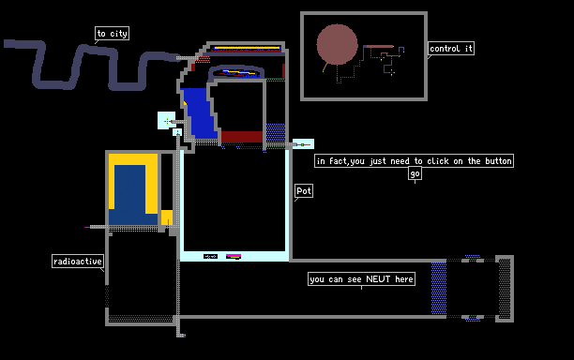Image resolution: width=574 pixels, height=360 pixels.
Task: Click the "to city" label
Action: [x=112, y=34]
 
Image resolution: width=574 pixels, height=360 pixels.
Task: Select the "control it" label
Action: [x=451, y=49]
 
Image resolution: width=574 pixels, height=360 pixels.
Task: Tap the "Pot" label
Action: [x=304, y=190]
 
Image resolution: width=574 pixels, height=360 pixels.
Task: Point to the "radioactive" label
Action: [x=78, y=262]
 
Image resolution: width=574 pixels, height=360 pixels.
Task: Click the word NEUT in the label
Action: [x=378, y=279]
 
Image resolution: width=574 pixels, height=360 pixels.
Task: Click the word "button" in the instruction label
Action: [x=498, y=161]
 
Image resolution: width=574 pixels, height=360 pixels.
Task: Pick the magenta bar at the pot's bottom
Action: [x=234, y=256]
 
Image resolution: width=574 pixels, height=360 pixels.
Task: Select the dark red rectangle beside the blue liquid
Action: [x=242, y=137]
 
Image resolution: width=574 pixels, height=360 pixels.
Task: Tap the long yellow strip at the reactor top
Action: [x=247, y=48]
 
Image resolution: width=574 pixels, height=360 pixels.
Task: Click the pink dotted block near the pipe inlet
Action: [x=204, y=59]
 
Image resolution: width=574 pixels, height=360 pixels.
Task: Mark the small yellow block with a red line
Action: [x=167, y=217]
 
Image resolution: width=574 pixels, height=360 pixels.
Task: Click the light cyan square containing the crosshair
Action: [x=167, y=120]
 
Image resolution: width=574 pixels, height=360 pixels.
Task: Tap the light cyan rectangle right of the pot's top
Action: [x=304, y=144]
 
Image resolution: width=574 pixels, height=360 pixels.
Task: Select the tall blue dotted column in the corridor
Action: [x=439, y=289]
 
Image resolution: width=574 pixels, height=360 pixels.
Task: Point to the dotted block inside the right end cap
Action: [x=505, y=289]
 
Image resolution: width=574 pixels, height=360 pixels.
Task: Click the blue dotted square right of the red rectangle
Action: [x=276, y=133]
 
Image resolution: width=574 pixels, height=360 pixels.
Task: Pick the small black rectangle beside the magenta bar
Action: [x=210, y=257]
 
